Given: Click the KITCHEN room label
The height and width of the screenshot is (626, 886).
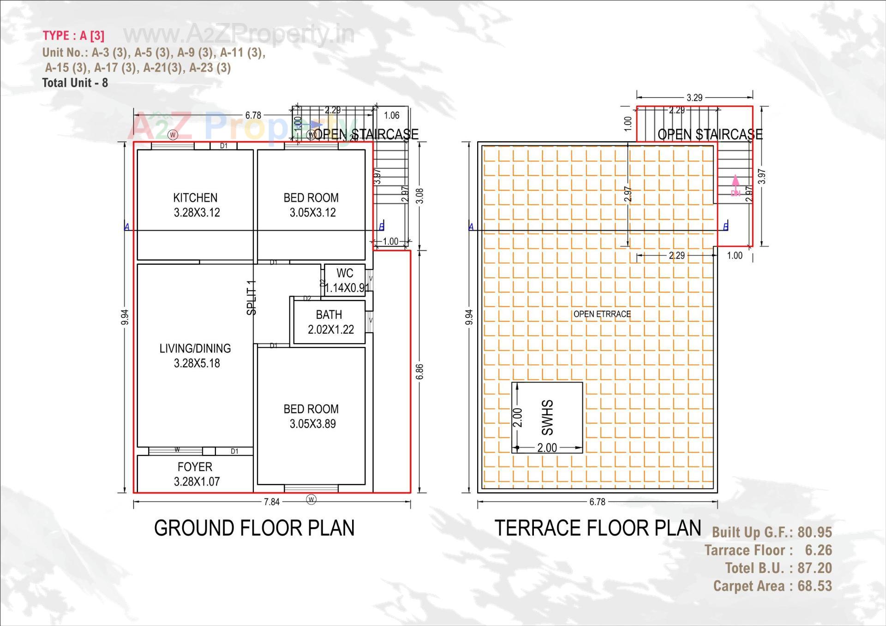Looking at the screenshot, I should (x=195, y=198).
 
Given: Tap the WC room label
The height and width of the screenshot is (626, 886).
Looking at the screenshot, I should (x=345, y=273).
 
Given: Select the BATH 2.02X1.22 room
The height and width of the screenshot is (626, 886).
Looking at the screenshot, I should (x=329, y=322).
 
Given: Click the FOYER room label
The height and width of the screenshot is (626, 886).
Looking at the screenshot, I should (x=195, y=467).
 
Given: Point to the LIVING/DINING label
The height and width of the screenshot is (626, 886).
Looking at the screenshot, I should (x=195, y=348).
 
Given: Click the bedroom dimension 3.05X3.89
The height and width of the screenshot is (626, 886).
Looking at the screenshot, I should (x=312, y=424).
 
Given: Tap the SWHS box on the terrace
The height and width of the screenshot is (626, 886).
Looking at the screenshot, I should (x=547, y=417).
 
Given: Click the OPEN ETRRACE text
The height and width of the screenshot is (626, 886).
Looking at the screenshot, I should (x=602, y=314).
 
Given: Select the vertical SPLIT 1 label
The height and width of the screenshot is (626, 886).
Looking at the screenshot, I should (x=251, y=298).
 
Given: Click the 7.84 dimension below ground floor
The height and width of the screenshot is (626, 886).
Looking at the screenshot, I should (x=272, y=501).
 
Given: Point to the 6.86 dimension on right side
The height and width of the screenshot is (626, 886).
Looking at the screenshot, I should (x=419, y=372).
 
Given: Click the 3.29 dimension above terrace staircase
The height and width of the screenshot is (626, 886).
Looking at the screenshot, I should (x=694, y=98).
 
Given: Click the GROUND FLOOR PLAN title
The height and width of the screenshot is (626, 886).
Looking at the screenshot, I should (x=254, y=528).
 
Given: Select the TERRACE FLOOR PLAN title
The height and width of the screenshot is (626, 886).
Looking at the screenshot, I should (x=598, y=528).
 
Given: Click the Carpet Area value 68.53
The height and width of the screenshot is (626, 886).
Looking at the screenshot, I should (x=814, y=586).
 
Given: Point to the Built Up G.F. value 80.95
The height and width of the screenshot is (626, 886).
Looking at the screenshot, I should (x=814, y=532).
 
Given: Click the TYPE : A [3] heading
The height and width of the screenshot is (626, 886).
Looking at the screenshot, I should (x=73, y=36).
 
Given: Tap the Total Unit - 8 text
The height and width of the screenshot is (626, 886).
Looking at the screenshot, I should (x=75, y=83).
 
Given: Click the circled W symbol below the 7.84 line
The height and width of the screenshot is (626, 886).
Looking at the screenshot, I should (x=311, y=500).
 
